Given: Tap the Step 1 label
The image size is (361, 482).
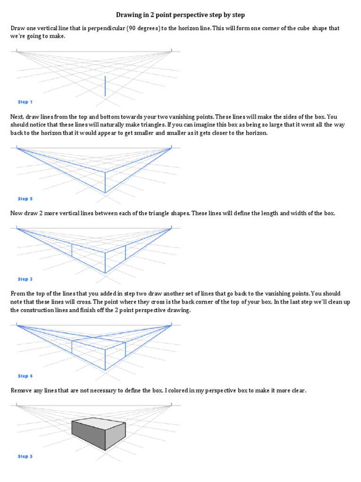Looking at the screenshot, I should coord(25,102).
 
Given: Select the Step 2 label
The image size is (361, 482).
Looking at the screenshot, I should coord(25,199).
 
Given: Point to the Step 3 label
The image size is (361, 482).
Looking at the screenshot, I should coord(25,279).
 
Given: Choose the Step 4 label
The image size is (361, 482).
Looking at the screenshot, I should coord(25,376).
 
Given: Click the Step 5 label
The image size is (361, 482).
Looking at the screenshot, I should coord(25,456).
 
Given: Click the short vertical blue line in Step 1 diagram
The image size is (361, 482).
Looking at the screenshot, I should coord(105,86).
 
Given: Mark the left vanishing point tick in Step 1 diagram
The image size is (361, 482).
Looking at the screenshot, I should coord(17,49).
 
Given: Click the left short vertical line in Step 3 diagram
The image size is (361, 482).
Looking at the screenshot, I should coord(71,250).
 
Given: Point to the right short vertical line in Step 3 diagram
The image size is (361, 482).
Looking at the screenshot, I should coord(126,252).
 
